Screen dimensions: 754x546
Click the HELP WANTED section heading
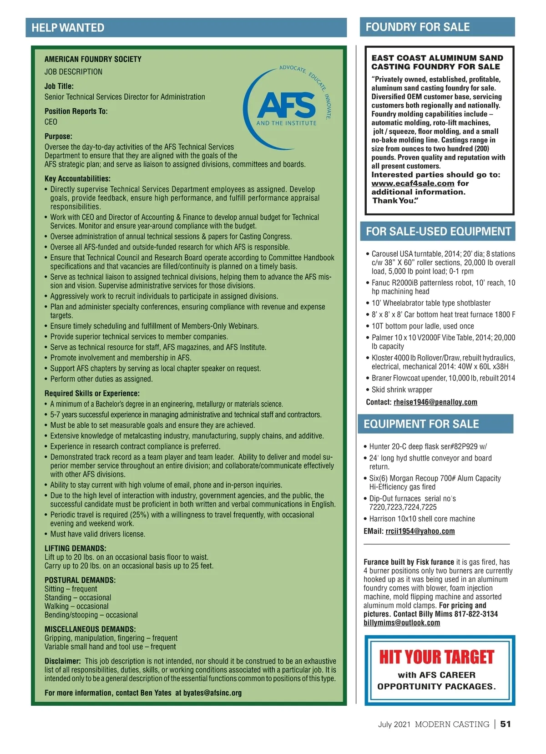point(68,28)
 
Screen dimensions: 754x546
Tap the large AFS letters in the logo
point(287,106)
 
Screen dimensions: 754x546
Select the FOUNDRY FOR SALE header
point(417,27)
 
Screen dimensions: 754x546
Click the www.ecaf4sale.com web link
point(413,183)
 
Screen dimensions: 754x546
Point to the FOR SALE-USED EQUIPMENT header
point(439,232)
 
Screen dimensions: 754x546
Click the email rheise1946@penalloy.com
point(435,402)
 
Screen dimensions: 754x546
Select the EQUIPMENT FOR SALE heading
point(421,424)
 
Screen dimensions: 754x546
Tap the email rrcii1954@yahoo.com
point(420,531)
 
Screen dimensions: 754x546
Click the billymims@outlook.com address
point(402,623)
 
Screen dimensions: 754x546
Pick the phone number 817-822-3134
point(476,614)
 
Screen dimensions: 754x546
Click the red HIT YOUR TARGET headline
point(437,657)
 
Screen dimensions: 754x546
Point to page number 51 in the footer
point(506,724)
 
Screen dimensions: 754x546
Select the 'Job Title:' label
point(59,86)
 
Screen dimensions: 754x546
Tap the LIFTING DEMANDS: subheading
point(76,549)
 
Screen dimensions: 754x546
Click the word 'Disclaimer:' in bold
point(63,661)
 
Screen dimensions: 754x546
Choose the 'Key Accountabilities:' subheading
point(78,179)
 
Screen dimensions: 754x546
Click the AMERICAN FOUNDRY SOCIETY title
point(93,59)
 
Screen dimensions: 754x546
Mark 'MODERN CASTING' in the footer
point(452,724)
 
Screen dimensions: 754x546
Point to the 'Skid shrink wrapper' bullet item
point(402,390)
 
